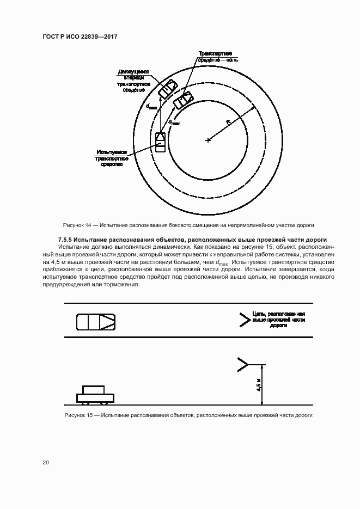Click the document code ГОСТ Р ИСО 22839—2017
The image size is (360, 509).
point(80,36)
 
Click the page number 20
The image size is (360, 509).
point(46,463)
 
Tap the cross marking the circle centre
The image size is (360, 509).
point(208,140)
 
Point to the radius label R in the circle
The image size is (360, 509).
point(229,123)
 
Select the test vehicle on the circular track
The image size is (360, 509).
point(161,142)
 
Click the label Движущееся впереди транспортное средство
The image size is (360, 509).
point(133,81)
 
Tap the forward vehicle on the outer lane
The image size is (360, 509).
point(167,89)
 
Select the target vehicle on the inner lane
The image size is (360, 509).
point(183,101)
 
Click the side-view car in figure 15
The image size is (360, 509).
point(95,394)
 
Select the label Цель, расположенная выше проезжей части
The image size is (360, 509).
point(278,320)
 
